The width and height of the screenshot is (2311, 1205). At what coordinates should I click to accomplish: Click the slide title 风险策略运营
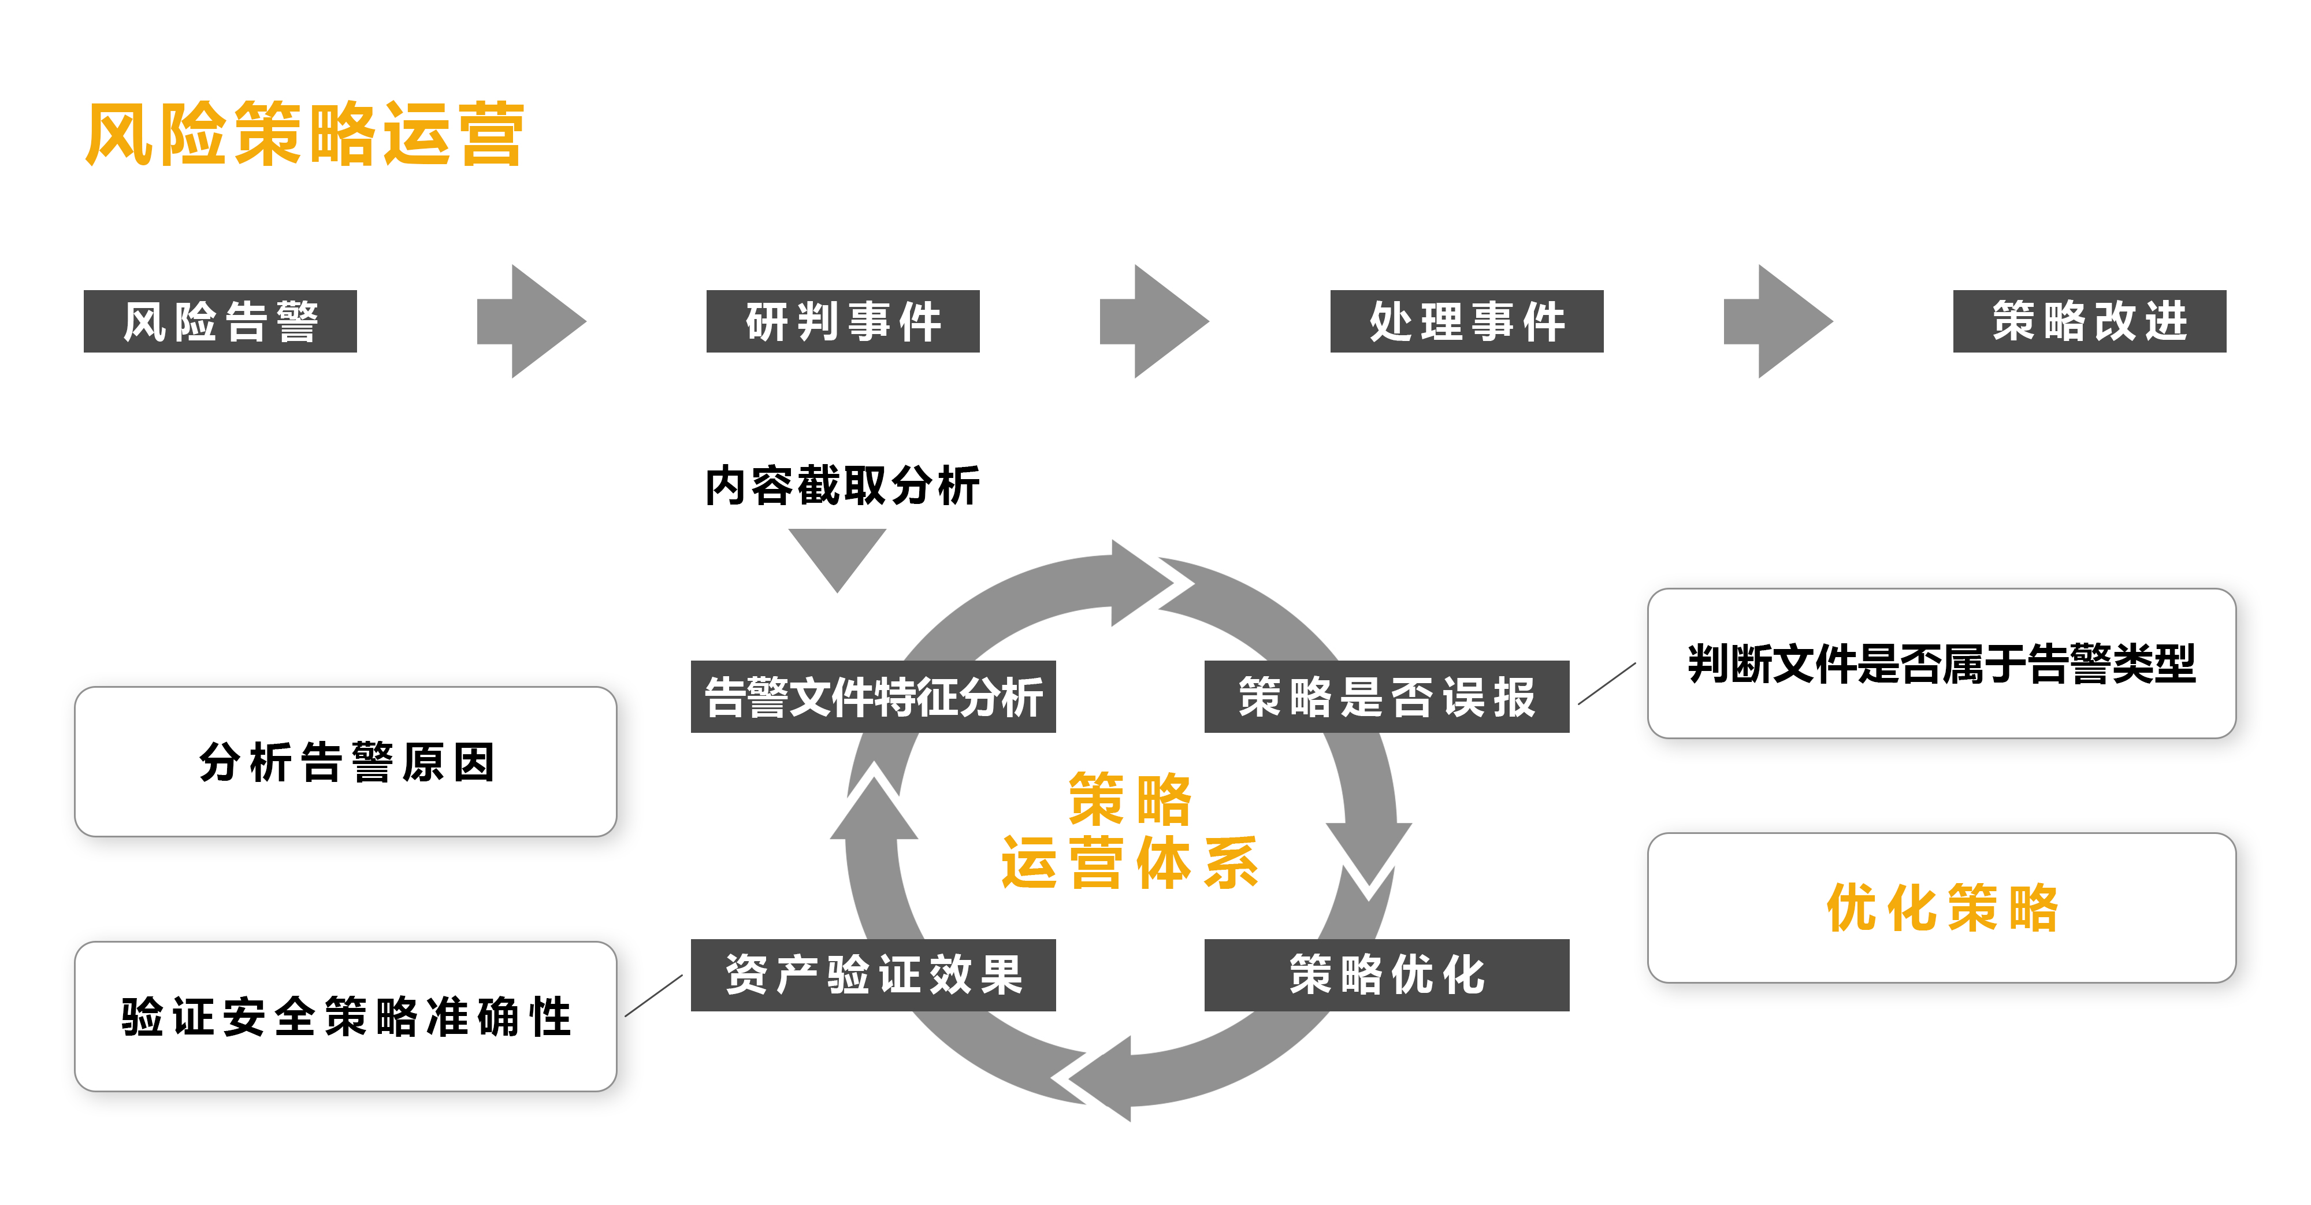point(304,135)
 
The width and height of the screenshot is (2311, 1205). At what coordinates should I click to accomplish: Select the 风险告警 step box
point(220,321)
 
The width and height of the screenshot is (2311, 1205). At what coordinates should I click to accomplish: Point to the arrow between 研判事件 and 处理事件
point(1154,321)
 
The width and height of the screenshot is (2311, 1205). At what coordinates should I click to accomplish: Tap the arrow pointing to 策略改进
point(1778,321)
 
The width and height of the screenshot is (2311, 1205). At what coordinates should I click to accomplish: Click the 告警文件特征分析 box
point(873,697)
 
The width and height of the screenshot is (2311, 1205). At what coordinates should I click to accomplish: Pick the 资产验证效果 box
point(873,976)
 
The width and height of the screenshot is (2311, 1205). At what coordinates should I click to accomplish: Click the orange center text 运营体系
point(1131,863)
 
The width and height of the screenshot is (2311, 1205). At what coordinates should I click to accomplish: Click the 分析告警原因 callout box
point(345,762)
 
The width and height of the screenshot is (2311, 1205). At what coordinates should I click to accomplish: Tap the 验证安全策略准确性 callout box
point(345,1017)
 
